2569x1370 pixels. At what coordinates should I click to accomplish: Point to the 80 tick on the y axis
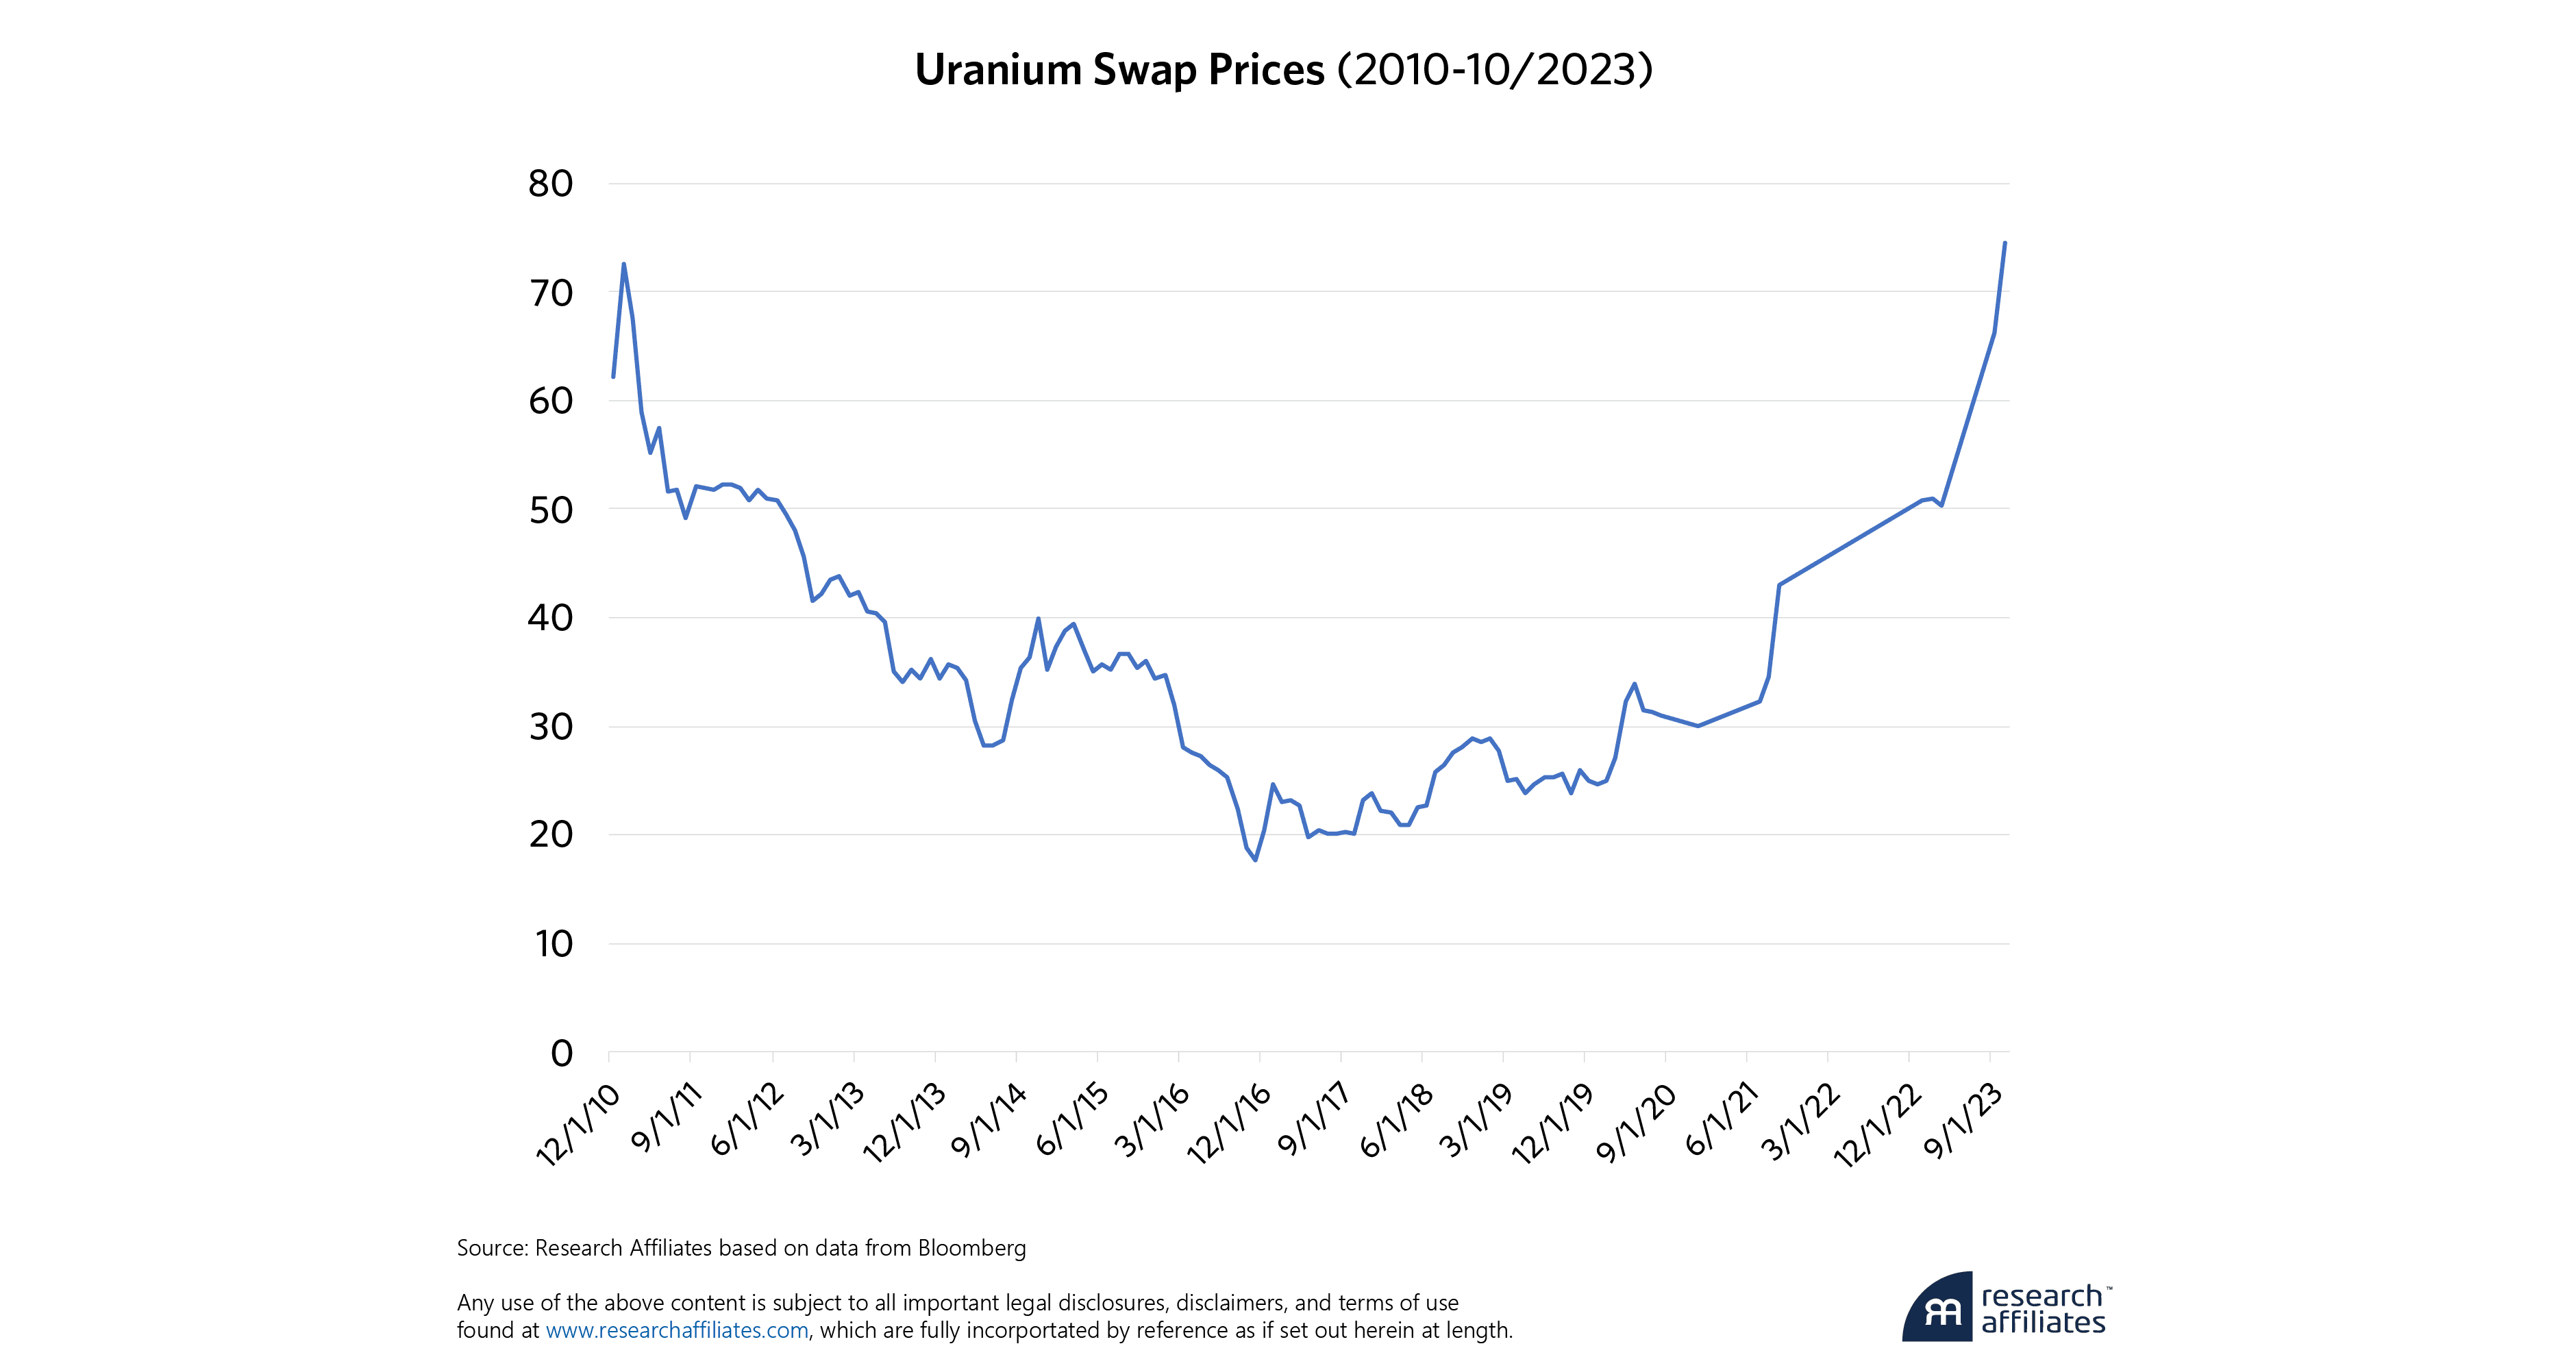(x=551, y=184)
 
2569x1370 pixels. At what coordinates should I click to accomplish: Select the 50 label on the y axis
(x=551, y=510)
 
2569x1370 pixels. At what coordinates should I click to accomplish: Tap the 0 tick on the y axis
(x=562, y=1053)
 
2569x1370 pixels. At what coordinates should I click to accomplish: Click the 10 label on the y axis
(x=554, y=943)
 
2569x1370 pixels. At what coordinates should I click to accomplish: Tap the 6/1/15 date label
(x=1072, y=1122)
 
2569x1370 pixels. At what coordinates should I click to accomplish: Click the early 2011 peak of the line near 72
(x=623, y=264)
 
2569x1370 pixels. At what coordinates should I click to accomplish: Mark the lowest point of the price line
(x=1254, y=860)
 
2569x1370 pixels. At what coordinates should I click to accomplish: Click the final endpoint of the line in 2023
(x=2005, y=242)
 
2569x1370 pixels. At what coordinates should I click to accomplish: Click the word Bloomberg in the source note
(x=971, y=1248)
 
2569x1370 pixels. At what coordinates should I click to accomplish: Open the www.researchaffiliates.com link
(x=676, y=1330)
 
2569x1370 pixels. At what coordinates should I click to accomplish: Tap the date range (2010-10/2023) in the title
(x=1495, y=70)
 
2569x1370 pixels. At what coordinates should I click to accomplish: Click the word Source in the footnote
(x=490, y=1248)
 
